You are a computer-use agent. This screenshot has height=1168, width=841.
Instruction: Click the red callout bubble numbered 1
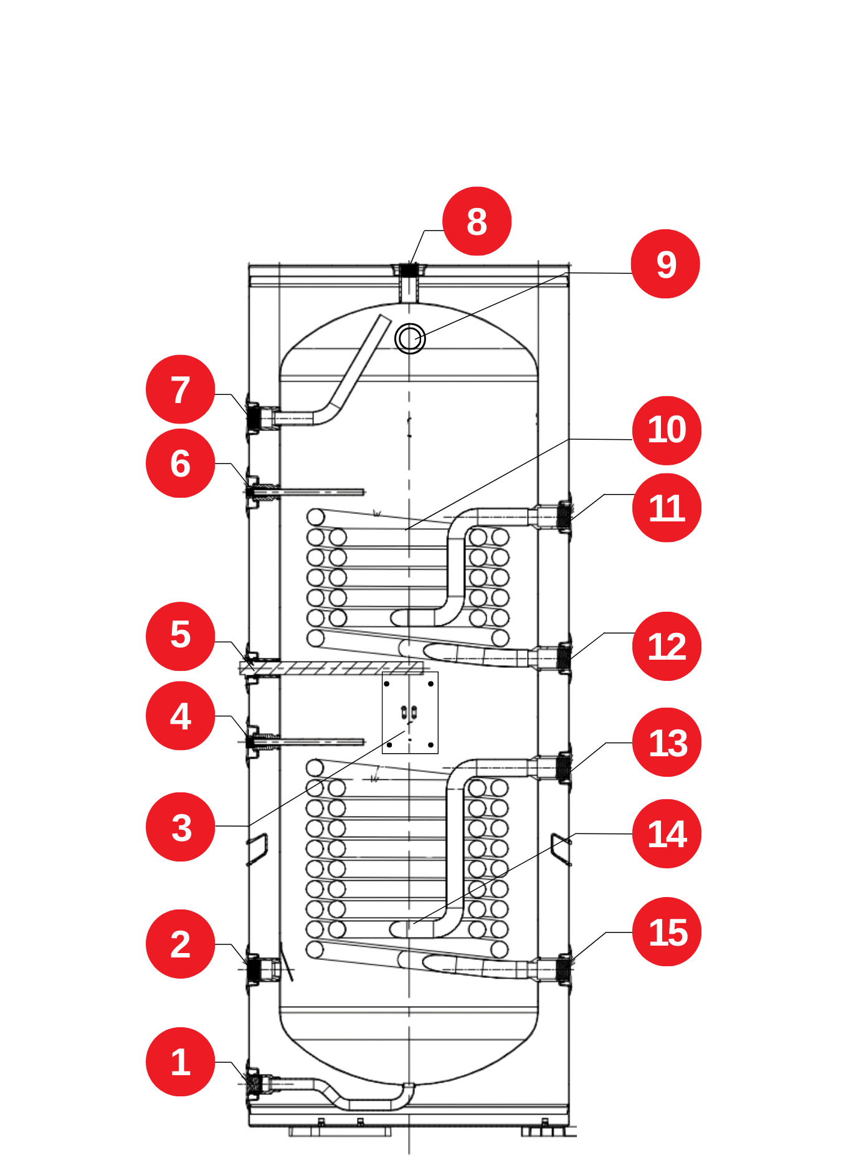coord(180,1061)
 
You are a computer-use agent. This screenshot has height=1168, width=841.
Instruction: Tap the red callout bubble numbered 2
coord(180,944)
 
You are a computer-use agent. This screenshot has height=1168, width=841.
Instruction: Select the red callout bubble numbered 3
coord(180,827)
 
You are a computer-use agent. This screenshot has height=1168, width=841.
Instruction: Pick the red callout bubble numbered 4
coord(180,716)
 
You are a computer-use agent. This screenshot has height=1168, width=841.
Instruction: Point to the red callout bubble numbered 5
coord(180,636)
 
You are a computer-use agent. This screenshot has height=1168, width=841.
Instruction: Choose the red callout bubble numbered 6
coord(180,463)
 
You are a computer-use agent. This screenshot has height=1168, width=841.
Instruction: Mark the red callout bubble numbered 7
coord(180,389)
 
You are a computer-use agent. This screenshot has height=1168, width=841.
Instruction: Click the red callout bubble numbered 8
coord(477,221)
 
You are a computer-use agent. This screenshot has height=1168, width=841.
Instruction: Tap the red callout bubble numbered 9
coord(665,264)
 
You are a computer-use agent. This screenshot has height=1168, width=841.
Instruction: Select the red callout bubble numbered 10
coord(667,430)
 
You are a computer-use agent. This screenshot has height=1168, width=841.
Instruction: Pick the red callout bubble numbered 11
coord(667,508)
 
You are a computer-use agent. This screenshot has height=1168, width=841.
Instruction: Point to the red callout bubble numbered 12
coord(667,646)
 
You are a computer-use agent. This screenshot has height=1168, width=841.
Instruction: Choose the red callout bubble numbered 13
coord(667,742)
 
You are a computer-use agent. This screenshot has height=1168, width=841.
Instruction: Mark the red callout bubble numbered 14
coord(667,833)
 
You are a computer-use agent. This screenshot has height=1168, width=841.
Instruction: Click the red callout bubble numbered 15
coord(667,932)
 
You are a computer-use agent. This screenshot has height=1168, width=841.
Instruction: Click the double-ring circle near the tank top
coord(410,339)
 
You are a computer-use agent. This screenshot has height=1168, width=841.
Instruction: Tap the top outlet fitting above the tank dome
coord(409,272)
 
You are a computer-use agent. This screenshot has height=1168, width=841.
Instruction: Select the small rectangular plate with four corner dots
coord(410,713)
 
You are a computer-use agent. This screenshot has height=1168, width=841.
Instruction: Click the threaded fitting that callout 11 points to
coord(563,516)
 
